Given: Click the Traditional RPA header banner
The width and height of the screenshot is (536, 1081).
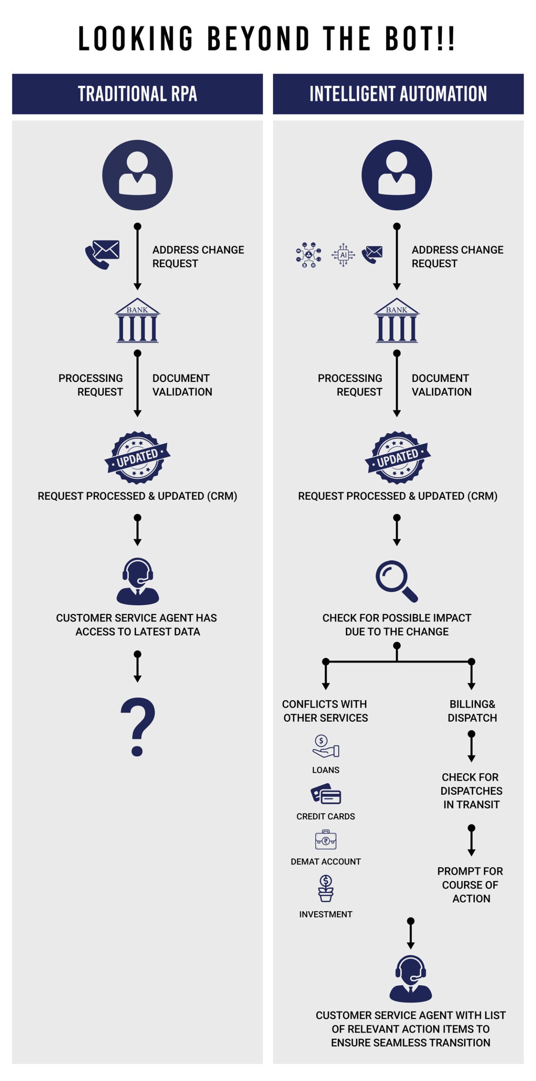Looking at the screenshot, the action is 137,94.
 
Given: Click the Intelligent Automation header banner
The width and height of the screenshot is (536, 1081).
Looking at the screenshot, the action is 398,94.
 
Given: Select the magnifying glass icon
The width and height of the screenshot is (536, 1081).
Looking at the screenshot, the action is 397,581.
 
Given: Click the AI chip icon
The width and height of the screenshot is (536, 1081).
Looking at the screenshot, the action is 343,255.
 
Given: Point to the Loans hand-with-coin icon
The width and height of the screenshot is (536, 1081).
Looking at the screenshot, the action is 326,746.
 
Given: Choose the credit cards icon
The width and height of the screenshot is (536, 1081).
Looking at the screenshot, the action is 326,793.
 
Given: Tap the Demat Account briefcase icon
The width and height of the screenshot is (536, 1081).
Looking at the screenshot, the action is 326,839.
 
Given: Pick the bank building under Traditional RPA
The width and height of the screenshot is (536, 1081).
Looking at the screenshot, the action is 137,320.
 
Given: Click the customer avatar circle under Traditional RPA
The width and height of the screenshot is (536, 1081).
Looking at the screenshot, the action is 137,175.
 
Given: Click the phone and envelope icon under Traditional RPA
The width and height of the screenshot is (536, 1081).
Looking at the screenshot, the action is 102,254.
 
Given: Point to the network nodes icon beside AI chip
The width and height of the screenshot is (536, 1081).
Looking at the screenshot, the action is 308,255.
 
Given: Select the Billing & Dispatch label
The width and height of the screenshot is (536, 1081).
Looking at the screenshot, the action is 472,711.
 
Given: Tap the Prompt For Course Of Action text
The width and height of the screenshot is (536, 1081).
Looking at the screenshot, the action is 471,885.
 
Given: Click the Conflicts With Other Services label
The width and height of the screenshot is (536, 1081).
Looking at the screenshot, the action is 325,711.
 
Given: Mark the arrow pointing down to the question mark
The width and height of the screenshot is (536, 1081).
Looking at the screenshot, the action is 137,666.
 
